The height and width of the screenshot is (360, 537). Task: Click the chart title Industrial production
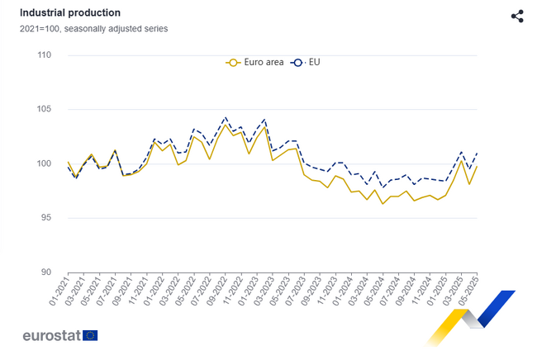coord(70,13)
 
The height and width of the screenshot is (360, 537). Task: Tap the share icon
coord(517,17)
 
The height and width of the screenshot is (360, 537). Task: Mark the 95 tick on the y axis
coord(46,218)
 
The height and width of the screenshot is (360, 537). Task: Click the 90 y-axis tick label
coord(46,272)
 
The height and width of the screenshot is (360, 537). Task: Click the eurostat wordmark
coord(51,335)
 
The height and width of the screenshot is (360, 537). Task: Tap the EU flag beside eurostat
coord(90,335)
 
